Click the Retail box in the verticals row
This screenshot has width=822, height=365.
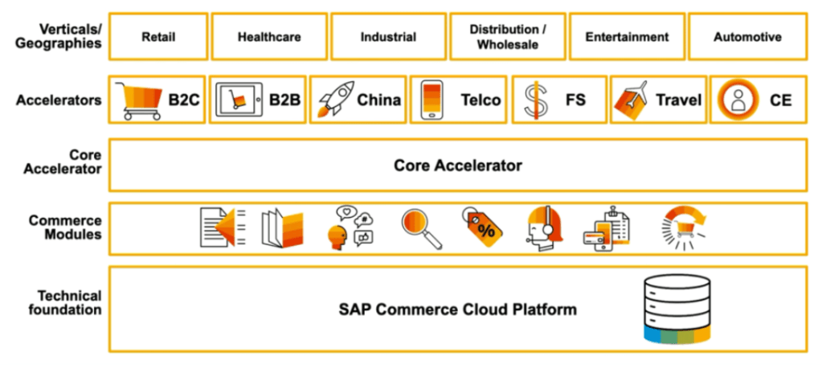coord(158,36)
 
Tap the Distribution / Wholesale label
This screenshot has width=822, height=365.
coord(507,36)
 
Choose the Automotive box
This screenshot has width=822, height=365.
coord(746,36)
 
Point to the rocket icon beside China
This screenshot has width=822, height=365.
coord(334,100)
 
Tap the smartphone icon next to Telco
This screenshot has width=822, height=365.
coord(433,100)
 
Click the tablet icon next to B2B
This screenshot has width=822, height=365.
coord(239,100)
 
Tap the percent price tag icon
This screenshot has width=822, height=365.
coord(483,228)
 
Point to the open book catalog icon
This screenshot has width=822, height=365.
coord(281,228)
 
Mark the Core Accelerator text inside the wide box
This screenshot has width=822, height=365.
coord(457,166)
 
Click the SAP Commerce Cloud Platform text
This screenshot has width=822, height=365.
coord(456,309)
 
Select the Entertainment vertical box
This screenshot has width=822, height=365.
coord(627,36)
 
